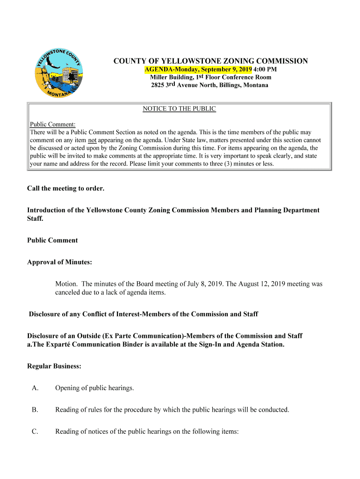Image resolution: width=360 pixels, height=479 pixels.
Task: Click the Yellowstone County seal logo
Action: (59, 73)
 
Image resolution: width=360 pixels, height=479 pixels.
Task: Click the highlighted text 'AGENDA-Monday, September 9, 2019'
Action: (198, 69)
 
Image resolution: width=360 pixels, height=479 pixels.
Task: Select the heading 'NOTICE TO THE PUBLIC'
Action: (179, 109)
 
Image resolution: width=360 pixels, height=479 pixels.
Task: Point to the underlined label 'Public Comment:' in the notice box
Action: (53, 124)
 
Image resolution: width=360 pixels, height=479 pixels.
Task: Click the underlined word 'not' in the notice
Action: (92, 140)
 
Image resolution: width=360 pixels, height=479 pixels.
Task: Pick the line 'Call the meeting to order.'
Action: (66, 189)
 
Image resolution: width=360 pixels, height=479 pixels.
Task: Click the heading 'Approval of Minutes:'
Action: (59, 262)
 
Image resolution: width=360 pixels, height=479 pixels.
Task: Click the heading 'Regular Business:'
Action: (54, 366)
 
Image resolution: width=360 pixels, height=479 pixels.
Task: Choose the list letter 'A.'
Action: (35, 388)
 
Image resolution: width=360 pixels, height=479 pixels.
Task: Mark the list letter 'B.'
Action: (35, 410)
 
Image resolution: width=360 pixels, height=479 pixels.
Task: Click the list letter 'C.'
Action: (35, 432)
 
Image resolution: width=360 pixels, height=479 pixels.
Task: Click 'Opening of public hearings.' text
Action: (94, 388)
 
